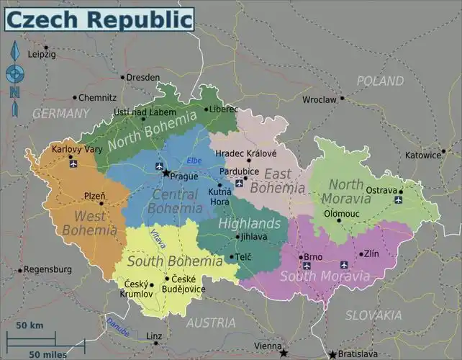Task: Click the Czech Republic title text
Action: pos(99,19)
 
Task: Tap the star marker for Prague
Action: pos(166,173)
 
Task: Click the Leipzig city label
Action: pos(42,55)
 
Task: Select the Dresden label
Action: pos(143,77)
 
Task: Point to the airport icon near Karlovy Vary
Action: pos(73,163)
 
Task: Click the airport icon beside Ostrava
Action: pos(399,200)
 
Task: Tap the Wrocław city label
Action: pos(320,100)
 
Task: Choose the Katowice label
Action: pos(422,155)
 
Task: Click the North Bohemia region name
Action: pos(152,130)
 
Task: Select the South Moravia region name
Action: pos(325,276)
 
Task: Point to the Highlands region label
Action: pos(249,223)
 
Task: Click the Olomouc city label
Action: pos(341,214)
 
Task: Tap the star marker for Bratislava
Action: pos(332,354)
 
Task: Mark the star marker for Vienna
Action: pos(284,353)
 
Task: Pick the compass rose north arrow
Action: pos(14,53)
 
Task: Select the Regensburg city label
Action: pos(47,270)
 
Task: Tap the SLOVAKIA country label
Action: pos(373,315)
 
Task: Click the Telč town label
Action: pos(243,257)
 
